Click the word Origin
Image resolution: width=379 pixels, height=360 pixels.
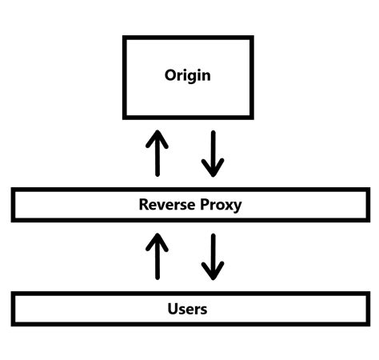(187, 76)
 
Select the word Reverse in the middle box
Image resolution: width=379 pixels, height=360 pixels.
(165, 205)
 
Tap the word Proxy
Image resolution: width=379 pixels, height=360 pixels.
(217, 206)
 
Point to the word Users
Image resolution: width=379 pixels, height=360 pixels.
(188, 308)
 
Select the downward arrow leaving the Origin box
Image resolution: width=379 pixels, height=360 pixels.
(213, 153)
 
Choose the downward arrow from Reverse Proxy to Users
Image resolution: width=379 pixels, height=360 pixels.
(213, 256)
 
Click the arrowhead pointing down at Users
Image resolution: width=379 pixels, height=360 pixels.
(213, 272)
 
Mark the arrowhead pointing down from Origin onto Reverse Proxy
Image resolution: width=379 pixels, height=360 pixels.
(213, 169)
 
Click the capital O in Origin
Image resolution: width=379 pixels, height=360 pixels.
(171, 76)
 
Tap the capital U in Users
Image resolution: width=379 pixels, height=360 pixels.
(173, 308)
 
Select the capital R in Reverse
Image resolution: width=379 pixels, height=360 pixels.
(144, 205)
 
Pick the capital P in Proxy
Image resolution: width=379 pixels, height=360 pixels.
(201, 205)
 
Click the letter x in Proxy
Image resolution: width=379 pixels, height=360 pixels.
(227, 206)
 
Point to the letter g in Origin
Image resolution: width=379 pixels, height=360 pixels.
(192, 78)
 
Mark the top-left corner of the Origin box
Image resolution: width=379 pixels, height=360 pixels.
(124, 38)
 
